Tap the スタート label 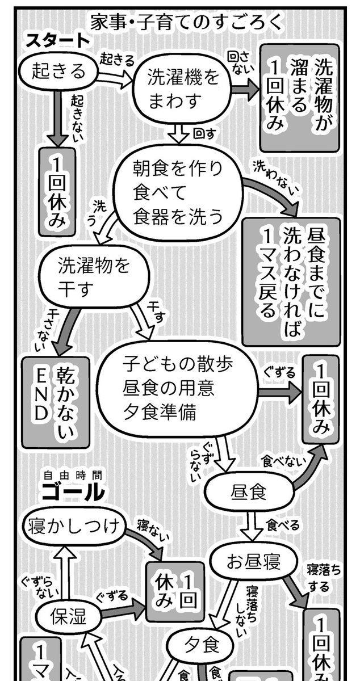click(x=57, y=40)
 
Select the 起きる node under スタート click(x=58, y=70)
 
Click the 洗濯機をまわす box click(x=183, y=89)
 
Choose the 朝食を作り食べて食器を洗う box click(x=178, y=192)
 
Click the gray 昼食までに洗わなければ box click(x=290, y=281)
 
